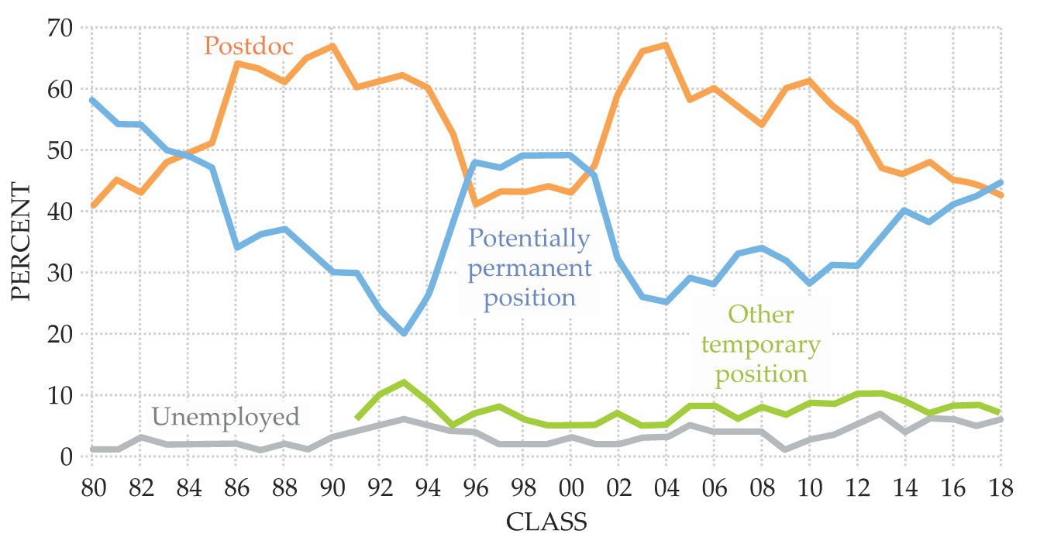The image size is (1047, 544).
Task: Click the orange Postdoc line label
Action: coord(249,47)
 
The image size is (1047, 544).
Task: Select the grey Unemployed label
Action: coord(226,417)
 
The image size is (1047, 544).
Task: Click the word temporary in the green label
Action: coord(760,345)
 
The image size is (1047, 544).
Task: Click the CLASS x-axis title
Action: coord(546,522)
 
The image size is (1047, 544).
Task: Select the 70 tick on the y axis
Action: coord(60,29)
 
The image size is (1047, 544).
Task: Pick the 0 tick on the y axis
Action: coord(67,457)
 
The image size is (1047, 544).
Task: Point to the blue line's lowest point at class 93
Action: coord(403,334)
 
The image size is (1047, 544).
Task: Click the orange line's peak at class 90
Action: coord(332,46)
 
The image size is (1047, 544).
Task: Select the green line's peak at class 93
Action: coord(403,382)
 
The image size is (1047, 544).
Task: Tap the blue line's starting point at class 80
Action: coord(91,100)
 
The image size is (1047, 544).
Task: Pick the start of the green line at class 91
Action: coord(356,418)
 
